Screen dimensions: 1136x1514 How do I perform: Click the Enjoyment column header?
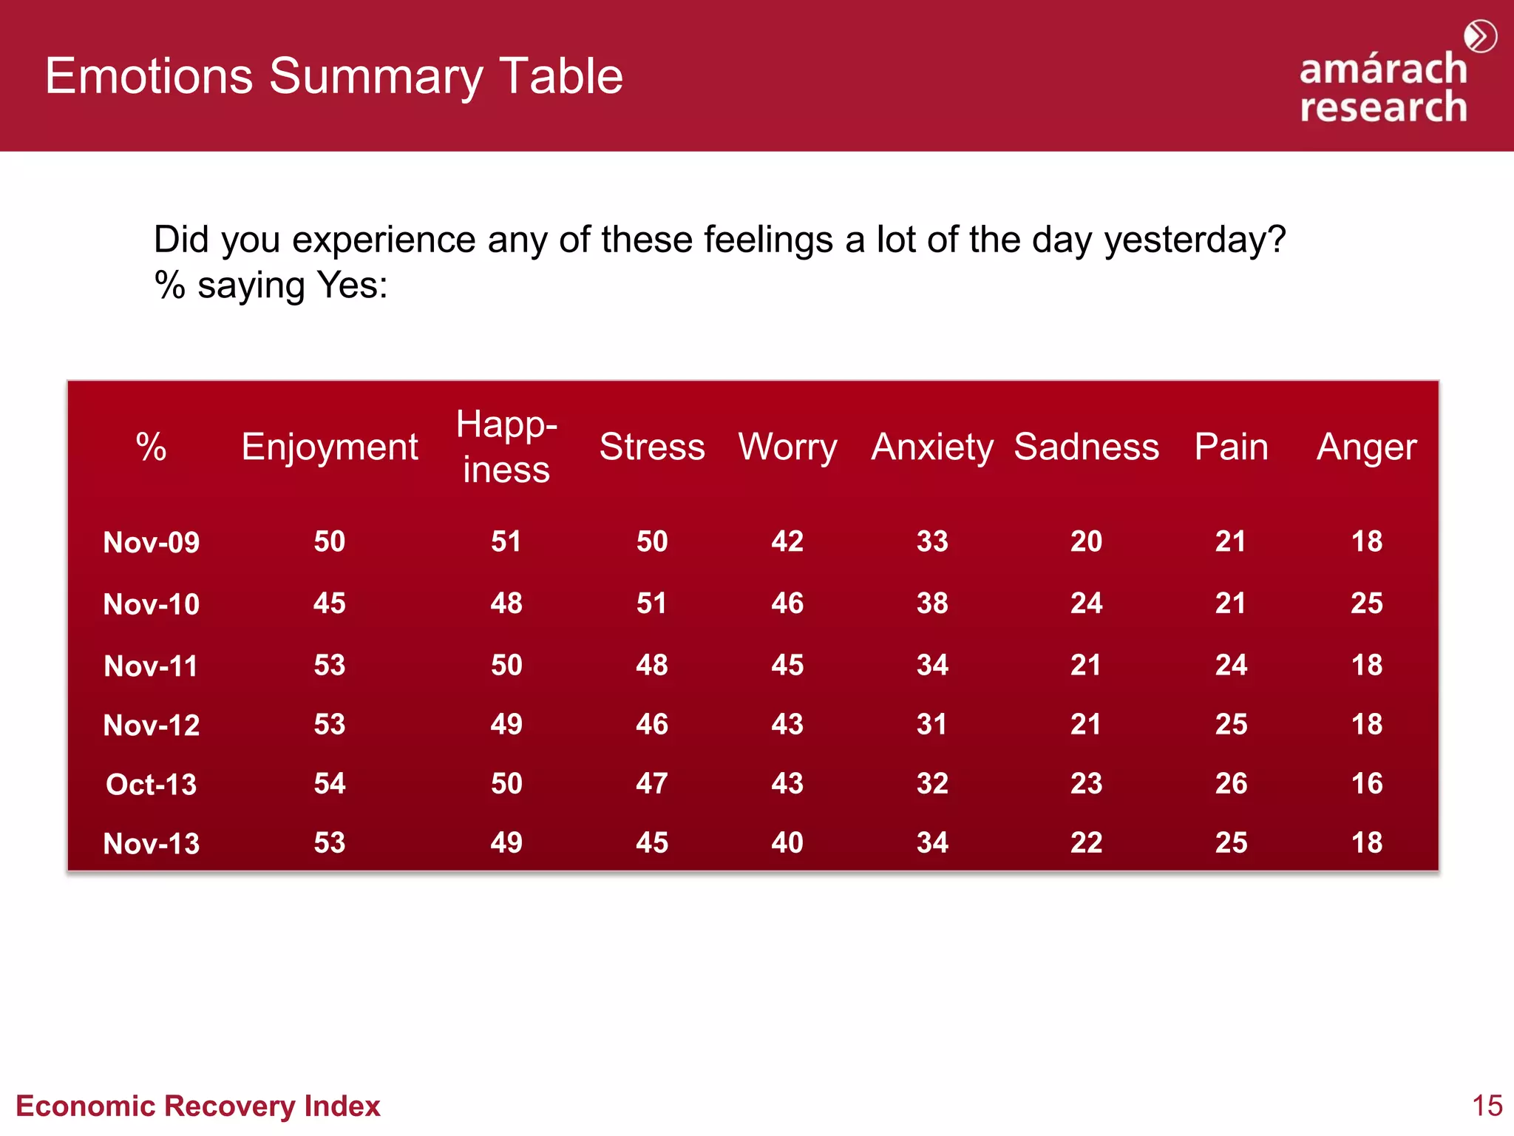tap(330, 447)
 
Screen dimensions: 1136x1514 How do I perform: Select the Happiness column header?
tap(506, 447)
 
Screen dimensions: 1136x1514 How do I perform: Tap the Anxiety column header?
tap(932, 447)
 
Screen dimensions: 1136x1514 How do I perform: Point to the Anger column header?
tap(1366, 447)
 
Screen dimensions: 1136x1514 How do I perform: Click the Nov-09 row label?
tap(152, 542)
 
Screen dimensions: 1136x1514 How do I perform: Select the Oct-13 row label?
tap(152, 784)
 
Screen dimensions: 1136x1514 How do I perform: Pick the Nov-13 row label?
tap(152, 843)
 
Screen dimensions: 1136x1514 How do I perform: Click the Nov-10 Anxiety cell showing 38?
tap(932, 603)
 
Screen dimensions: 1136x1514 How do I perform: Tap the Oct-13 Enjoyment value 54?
tap(330, 783)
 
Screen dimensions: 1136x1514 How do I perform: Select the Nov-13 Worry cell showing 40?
tap(787, 842)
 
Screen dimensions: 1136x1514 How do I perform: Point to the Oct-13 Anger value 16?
tap(1367, 783)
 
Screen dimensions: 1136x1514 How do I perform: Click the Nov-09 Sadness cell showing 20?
tap(1086, 541)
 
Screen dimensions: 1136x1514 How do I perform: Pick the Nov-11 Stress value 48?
tap(652, 665)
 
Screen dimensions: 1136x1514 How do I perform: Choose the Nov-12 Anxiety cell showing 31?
tap(932, 724)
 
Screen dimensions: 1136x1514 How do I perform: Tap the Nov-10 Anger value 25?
tap(1367, 603)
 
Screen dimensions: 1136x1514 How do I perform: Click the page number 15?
tap(1487, 1106)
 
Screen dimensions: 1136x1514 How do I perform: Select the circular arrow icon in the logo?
tap(1481, 36)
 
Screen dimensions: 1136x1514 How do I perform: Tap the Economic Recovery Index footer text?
tap(198, 1106)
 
